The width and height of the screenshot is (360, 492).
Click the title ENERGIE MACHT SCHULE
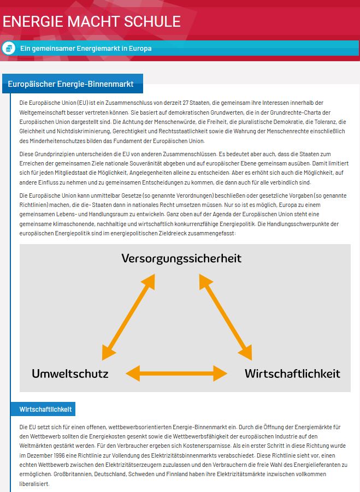(x=92, y=22)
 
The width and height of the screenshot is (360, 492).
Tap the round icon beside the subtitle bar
(x=8, y=48)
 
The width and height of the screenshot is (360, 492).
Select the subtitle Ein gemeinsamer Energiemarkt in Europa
(x=86, y=49)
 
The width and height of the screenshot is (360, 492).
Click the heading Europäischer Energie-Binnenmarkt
(x=70, y=84)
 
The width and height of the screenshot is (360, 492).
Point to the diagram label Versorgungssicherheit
(x=181, y=258)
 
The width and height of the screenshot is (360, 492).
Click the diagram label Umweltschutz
(x=70, y=374)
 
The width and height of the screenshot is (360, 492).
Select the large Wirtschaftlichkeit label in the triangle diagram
(x=292, y=374)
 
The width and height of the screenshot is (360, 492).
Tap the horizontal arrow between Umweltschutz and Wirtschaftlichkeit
(x=176, y=374)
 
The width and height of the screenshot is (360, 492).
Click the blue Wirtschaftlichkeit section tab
(x=46, y=409)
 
